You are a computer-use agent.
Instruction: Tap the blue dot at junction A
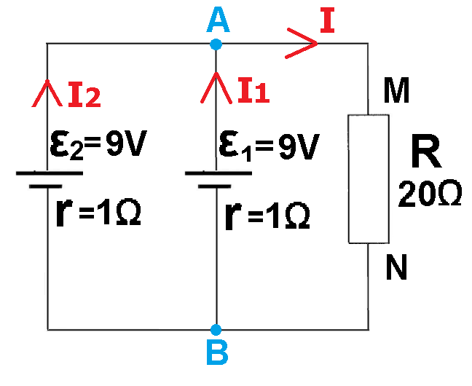coord(216,44)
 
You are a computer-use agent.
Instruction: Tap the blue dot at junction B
coord(216,329)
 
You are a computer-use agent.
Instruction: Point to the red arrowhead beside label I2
coord(47,92)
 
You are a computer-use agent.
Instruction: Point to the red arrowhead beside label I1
coord(216,87)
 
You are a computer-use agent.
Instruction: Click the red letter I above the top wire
coord(328,23)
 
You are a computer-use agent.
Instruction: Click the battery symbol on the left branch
coord(48,179)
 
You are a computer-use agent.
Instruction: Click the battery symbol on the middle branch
coord(217,179)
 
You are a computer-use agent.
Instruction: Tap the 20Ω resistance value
coord(430,195)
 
